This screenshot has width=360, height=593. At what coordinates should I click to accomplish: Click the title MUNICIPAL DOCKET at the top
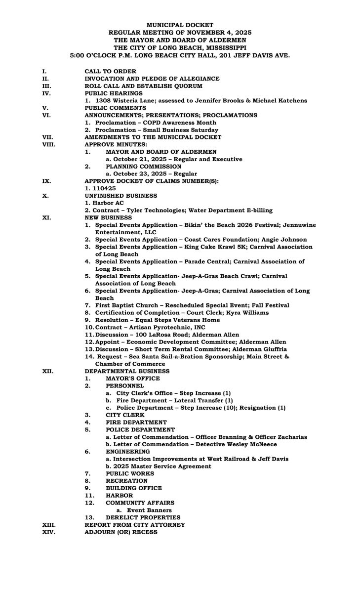pyautogui.click(x=180, y=24)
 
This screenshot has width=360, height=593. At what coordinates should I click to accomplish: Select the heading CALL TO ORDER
pyautogui.click(x=110, y=71)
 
